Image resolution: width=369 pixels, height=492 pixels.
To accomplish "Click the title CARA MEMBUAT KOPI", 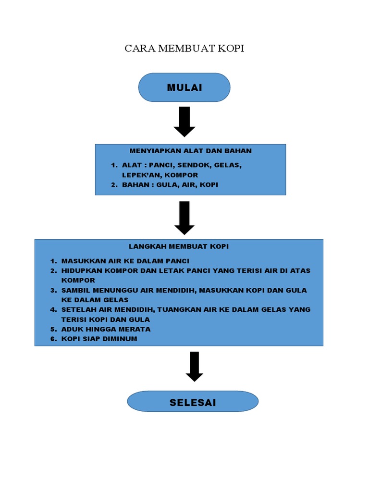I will coord(184,49).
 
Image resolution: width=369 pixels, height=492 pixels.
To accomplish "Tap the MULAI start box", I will coord(184,87).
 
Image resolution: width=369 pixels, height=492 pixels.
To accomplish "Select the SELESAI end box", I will coord(193,402).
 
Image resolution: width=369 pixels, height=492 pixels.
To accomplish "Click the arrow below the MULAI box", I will coord(184,122).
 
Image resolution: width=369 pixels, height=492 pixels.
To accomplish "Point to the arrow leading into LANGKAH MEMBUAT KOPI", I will coord(184,218).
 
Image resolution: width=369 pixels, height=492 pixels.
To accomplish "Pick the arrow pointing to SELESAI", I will coord(194,366).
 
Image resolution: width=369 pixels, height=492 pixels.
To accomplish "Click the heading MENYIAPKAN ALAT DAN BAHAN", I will coord(190,151).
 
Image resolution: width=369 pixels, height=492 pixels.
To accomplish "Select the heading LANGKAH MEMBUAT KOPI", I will coord(179,246).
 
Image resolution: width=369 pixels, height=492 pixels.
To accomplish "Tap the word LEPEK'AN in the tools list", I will coord(138,175).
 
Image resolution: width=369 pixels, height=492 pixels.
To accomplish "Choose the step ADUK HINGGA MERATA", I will coord(106,329).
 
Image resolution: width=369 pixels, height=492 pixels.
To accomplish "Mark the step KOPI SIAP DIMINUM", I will coord(99,339).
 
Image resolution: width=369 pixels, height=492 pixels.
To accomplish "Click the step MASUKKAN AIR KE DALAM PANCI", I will coord(125,261).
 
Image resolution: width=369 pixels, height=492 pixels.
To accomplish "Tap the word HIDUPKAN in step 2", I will coord(80,271).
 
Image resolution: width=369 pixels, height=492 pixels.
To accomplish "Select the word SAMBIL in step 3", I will coord(74,290).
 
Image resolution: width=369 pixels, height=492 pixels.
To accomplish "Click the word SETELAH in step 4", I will coord(77,309).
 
